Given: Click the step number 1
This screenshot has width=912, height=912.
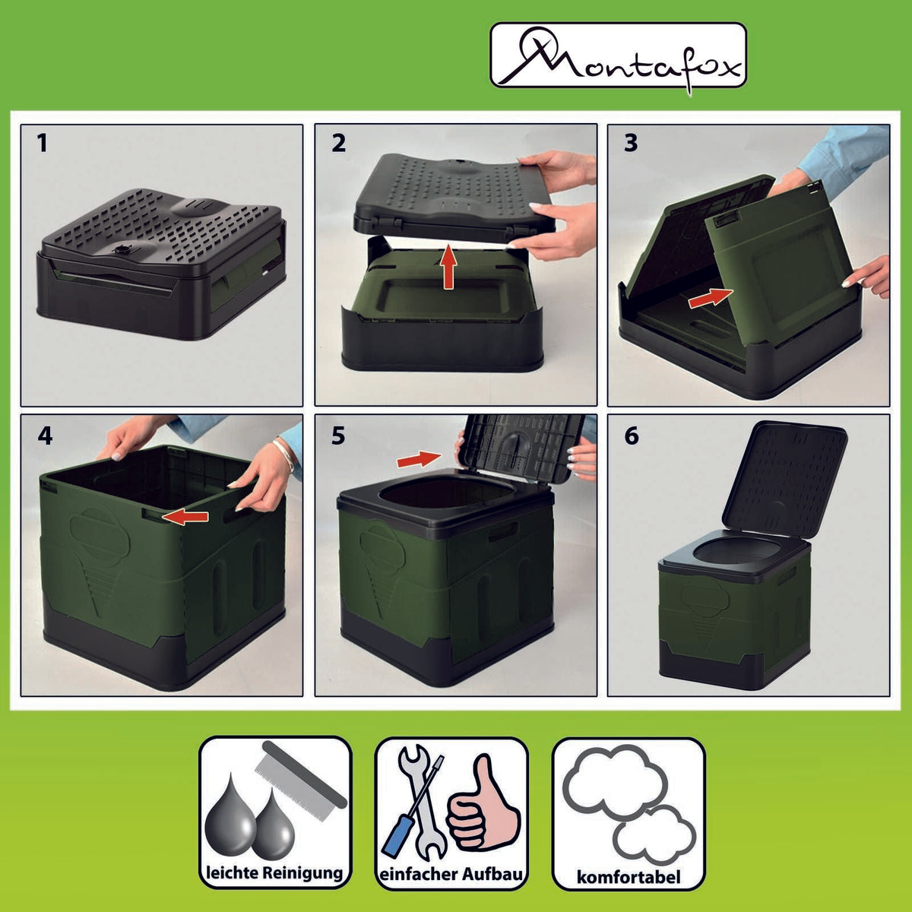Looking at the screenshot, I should pyautogui.click(x=43, y=142).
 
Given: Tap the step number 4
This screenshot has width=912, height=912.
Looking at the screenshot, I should pyautogui.click(x=45, y=435).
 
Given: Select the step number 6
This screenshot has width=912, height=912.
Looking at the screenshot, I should pyautogui.click(x=632, y=435).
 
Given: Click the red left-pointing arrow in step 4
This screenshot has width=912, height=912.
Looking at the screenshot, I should pyautogui.click(x=187, y=517).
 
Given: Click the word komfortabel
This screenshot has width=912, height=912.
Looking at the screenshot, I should pyautogui.click(x=629, y=878).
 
